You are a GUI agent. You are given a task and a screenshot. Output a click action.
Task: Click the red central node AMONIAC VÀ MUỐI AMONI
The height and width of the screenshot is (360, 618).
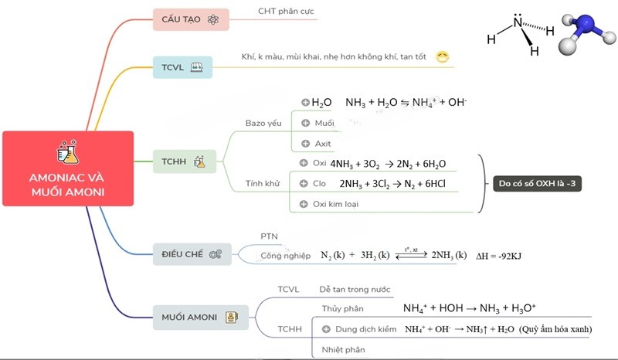pyautogui.click(x=67, y=169)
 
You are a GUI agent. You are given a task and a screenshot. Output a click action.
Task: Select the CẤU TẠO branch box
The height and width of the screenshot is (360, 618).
pyautogui.click(x=190, y=19)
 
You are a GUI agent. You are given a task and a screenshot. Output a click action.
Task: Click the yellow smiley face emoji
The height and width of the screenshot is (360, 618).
pyautogui.click(x=443, y=56)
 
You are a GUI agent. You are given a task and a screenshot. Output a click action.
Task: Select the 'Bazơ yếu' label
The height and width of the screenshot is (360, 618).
pyautogui.click(x=263, y=123)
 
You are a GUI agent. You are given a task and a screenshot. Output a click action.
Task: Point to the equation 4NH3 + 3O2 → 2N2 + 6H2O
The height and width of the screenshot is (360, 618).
pyautogui.click(x=388, y=164)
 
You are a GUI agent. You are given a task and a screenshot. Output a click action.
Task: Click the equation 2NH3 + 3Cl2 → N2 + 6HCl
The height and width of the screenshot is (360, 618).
pyautogui.click(x=392, y=184)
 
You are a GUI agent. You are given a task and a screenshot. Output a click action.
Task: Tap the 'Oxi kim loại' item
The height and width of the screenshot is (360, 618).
pyautogui.click(x=335, y=204)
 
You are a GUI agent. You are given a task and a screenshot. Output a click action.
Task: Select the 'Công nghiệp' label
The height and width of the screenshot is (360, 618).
pyautogui.click(x=286, y=255)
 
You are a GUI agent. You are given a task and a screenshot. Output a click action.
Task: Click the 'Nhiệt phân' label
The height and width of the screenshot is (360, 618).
pyautogui.click(x=341, y=350)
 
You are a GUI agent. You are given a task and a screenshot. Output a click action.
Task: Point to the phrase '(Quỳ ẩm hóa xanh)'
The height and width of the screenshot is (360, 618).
pyautogui.click(x=555, y=329)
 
